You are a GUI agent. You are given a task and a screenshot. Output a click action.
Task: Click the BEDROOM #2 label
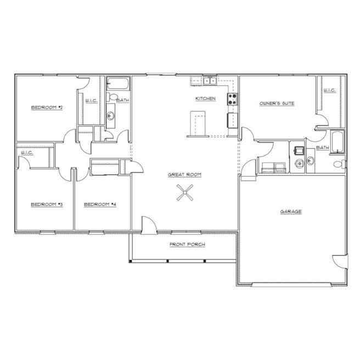click(x=47, y=108)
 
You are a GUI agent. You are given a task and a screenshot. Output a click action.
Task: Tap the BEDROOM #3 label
click(x=47, y=204)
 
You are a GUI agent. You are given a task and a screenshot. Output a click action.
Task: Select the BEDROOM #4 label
click(x=100, y=204)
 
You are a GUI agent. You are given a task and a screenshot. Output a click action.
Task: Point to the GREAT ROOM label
click(x=184, y=175)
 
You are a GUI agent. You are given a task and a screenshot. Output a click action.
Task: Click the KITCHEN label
click(x=205, y=98)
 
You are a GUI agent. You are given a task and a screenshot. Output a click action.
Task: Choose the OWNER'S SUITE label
click(x=277, y=103)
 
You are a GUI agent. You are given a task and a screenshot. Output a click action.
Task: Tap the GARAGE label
click(x=291, y=211)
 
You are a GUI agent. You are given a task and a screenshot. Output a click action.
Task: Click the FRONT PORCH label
click(x=187, y=245)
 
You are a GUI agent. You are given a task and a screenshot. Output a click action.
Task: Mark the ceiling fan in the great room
click(x=185, y=193)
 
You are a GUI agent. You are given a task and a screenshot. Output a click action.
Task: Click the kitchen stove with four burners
click(x=232, y=99)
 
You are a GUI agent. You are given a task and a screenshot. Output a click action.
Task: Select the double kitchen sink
click(x=210, y=81)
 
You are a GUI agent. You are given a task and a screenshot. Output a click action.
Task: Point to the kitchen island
click(x=198, y=123)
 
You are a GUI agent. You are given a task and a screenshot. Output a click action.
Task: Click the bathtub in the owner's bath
click(x=337, y=142)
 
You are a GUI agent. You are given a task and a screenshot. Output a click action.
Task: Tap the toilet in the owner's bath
click(x=340, y=164)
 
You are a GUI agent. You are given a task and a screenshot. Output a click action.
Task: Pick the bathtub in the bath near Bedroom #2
click(x=118, y=83)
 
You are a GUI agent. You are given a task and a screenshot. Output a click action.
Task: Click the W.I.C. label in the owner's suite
click(x=330, y=90)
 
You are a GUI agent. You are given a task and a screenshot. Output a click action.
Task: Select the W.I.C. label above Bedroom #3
click(x=27, y=153)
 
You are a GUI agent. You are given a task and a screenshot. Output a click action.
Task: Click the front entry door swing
click(x=149, y=225)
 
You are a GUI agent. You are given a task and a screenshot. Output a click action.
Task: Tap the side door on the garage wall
click(x=340, y=261)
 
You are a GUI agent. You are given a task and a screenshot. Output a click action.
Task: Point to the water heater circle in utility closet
click(x=300, y=164)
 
